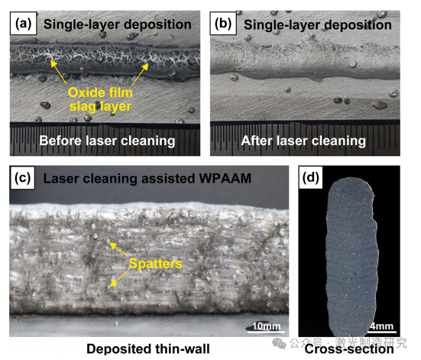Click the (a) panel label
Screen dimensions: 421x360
pyautogui.click(x=23, y=24)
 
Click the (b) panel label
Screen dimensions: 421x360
pyautogui.click(x=223, y=24)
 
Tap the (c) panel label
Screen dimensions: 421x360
pyautogui.click(x=22, y=178)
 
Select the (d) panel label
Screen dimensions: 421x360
pyautogui.click(x=311, y=177)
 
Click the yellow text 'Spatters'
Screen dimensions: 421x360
pyautogui.click(x=155, y=264)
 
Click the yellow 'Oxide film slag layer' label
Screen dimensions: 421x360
pyautogui.click(x=100, y=99)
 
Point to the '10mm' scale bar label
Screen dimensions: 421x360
pyautogui.click(x=266, y=326)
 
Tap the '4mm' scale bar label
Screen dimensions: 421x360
pyautogui.click(x=381, y=326)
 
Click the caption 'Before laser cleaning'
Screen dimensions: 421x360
pyautogui.click(x=107, y=141)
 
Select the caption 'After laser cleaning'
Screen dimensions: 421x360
pyautogui.click(x=303, y=141)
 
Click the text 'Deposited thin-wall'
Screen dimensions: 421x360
pyautogui.click(x=148, y=349)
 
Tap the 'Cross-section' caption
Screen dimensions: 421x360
pyautogui.click(x=349, y=349)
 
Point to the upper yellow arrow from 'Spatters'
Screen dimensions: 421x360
pyautogui.click(x=118, y=248)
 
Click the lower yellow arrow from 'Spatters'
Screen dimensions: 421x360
pyautogui.click(x=118, y=279)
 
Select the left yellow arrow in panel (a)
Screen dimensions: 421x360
pyautogui.click(x=58, y=72)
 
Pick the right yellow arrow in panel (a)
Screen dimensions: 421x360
pyautogui.click(x=140, y=74)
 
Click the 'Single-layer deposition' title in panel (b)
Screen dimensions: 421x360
pyautogui.click(x=318, y=25)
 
